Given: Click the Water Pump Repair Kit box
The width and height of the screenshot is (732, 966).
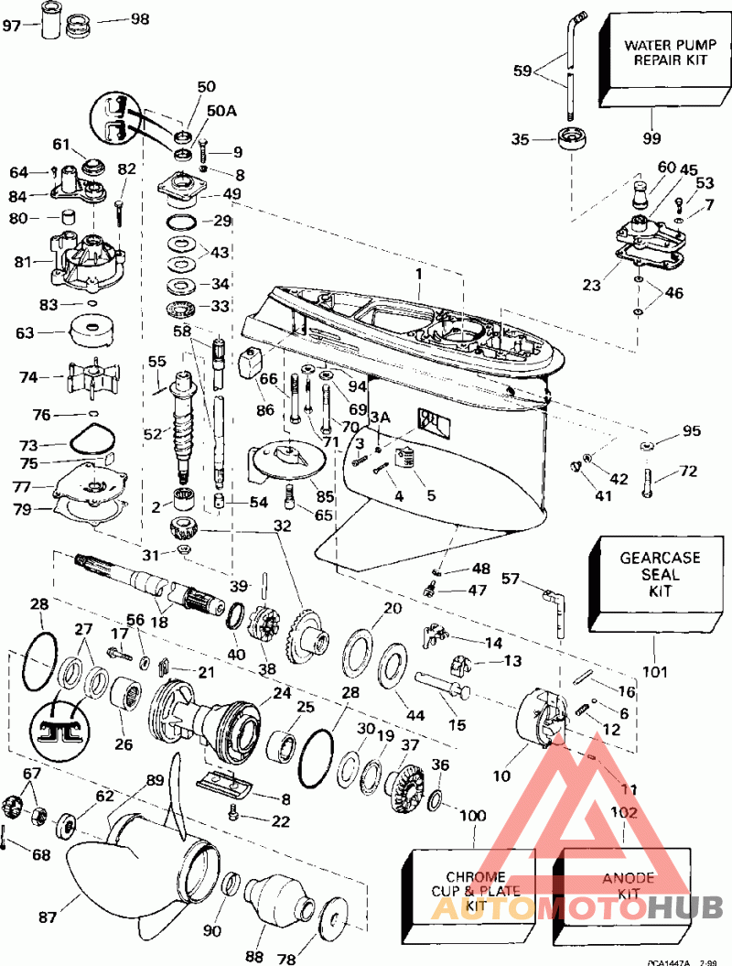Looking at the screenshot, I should tap(657, 57).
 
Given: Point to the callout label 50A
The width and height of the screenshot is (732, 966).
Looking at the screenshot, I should tap(221, 109).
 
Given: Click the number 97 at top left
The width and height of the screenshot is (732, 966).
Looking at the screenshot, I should tap(12, 25).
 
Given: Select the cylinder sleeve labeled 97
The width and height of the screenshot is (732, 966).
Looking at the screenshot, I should tap(48, 19).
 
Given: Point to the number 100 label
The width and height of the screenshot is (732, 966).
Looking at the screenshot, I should tap(472, 815).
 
